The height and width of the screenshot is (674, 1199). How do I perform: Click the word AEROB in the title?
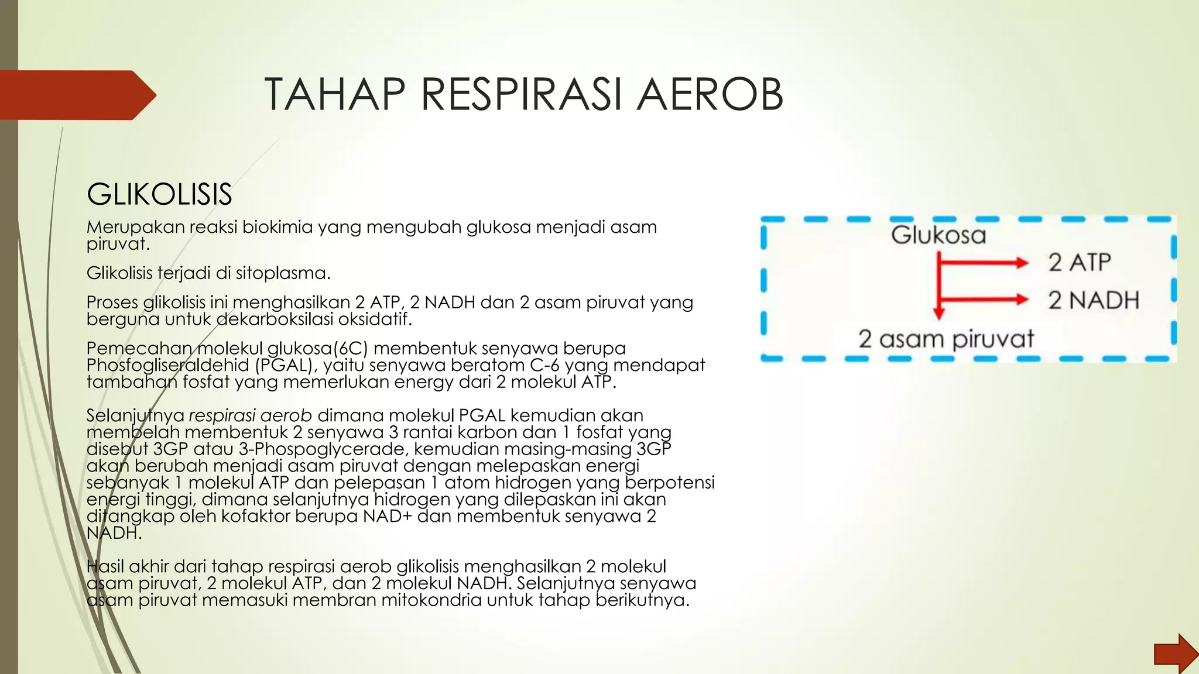(x=710, y=94)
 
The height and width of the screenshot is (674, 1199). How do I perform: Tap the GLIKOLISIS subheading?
(x=159, y=194)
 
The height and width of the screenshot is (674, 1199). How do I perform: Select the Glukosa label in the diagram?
(x=938, y=235)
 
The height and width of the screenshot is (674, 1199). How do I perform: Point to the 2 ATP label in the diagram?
(x=1080, y=262)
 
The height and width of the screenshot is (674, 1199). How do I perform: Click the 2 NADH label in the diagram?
(x=1094, y=300)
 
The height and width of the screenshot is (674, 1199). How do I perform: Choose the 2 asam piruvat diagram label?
(x=946, y=339)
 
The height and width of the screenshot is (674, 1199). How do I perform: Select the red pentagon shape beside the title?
(x=76, y=95)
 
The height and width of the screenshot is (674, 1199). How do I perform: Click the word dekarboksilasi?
(x=275, y=319)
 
